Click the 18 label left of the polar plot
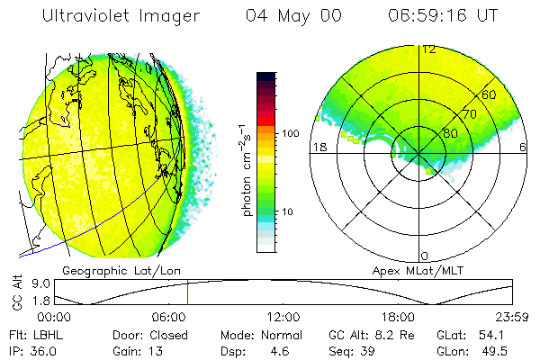tap(318, 147)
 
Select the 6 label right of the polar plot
tap(523, 147)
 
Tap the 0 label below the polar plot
tap(426, 256)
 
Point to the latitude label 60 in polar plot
tap(489, 94)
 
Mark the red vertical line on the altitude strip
tap(187, 292)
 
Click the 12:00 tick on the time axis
tap(283, 317)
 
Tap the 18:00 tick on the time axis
tap(398, 317)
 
